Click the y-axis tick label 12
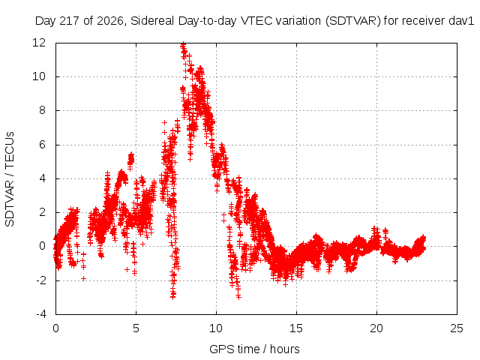[x=39, y=43]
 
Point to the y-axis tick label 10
[x=39, y=76]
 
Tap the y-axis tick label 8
[x=42, y=110]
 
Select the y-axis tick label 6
[x=42, y=145]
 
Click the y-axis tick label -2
[x=40, y=280]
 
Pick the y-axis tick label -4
[x=40, y=314]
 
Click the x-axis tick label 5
[x=136, y=328]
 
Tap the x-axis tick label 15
[x=296, y=328]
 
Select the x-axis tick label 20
[x=376, y=328]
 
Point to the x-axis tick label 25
[x=457, y=328]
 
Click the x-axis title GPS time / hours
[x=254, y=349]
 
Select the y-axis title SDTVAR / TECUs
[x=10, y=179]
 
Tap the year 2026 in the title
[x=110, y=21]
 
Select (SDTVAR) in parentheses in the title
[x=353, y=21]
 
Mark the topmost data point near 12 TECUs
[x=183, y=44]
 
